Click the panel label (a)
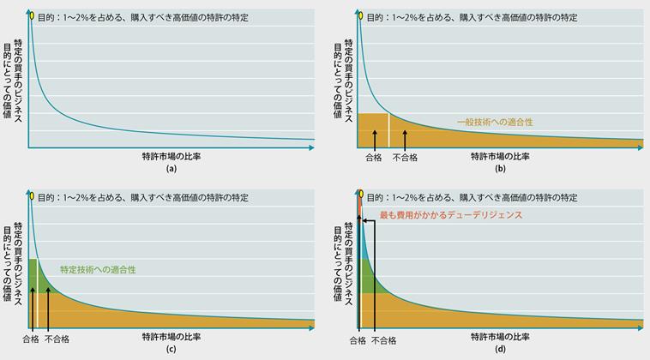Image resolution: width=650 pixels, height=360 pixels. point(171,169)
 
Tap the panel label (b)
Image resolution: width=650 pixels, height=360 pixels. point(498,169)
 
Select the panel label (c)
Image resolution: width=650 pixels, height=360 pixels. point(171,350)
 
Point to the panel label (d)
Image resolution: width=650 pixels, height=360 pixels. point(498,350)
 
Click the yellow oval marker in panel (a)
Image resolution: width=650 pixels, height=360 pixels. point(32,15)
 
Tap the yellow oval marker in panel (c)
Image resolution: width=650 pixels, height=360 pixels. point(32,196)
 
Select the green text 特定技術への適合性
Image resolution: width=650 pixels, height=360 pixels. point(98,269)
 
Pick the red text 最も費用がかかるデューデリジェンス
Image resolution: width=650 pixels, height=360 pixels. point(450,215)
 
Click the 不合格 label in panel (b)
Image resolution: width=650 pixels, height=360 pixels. point(405,158)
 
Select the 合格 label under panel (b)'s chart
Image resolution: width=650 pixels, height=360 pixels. point(373,158)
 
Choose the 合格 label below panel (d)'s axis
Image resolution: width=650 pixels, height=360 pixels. point(358,340)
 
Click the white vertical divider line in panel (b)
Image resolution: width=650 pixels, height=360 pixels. point(389,129)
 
